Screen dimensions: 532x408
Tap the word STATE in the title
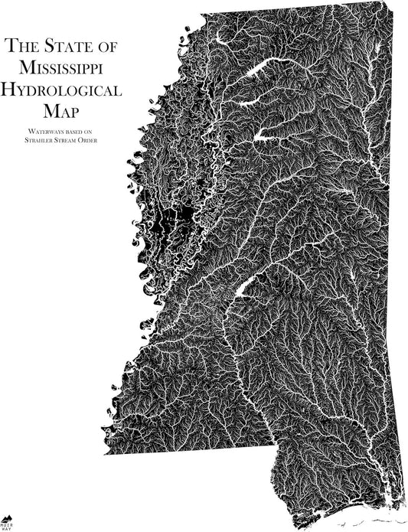(x=67, y=47)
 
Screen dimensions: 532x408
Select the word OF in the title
(x=107, y=47)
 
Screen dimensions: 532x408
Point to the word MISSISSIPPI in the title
(x=62, y=68)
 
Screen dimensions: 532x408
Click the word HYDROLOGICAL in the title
(x=62, y=90)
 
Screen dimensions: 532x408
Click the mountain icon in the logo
(x=7, y=518)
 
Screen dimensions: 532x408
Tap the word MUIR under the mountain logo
(x=7, y=524)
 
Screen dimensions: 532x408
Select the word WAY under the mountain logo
(x=7, y=529)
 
